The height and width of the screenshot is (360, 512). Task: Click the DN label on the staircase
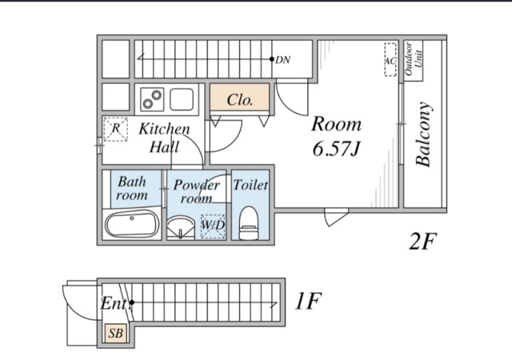coord(282,60)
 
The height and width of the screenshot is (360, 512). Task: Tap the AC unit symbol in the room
coord(390,60)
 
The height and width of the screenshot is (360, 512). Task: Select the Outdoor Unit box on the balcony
coord(414,61)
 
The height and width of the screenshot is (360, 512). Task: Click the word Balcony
coord(423,134)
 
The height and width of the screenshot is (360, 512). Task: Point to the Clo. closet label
coord(240,100)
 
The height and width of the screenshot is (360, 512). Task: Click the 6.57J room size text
coord(336,149)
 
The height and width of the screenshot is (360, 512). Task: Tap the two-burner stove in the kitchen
coord(153,99)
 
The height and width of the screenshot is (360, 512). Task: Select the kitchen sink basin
coord(182,99)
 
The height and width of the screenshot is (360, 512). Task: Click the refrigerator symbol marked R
coord(115,130)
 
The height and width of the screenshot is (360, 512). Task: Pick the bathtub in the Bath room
coord(131,223)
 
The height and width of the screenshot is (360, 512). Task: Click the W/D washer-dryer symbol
coord(213,226)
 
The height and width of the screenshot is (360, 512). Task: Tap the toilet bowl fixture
coord(249,222)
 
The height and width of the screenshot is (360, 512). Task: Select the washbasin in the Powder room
coord(180,227)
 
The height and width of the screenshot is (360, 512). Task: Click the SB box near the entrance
coord(115,334)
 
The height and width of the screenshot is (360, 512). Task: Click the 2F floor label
coord(422,242)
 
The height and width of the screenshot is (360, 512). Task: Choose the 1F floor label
coord(307,301)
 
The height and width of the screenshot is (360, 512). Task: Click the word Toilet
coord(250,186)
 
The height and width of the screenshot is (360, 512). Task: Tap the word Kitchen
coord(164,129)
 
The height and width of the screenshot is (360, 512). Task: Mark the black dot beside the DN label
coord(272,59)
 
